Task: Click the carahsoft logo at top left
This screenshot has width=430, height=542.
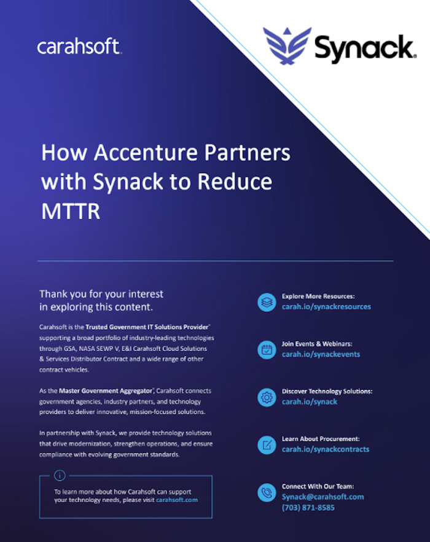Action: click(79, 46)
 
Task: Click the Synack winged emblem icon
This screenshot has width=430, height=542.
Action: click(287, 46)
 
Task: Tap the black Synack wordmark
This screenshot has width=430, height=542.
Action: click(365, 48)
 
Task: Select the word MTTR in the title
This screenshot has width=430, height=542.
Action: click(71, 211)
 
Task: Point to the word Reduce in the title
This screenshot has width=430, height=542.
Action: click(235, 182)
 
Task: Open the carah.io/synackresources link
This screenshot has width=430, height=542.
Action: click(326, 307)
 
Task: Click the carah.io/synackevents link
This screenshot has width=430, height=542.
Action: click(321, 354)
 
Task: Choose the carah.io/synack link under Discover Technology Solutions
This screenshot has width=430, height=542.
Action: click(309, 401)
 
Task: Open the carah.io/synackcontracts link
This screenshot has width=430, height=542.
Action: click(326, 449)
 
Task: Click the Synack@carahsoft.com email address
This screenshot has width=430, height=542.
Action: click(322, 497)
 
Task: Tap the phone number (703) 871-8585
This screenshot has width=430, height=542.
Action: click(308, 508)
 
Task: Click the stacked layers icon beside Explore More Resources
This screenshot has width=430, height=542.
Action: click(267, 302)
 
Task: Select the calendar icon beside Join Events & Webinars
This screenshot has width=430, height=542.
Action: click(267, 350)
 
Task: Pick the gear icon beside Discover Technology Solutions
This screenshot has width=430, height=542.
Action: click(267, 397)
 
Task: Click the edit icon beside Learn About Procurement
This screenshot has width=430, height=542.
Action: click(267, 445)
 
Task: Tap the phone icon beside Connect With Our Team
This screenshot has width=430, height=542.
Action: click(267, 492)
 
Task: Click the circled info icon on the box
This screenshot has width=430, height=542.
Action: click(60, 476)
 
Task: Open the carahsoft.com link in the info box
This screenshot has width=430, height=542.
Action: click(177, 500)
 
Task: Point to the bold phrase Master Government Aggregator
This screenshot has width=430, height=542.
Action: click(106, 391)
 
